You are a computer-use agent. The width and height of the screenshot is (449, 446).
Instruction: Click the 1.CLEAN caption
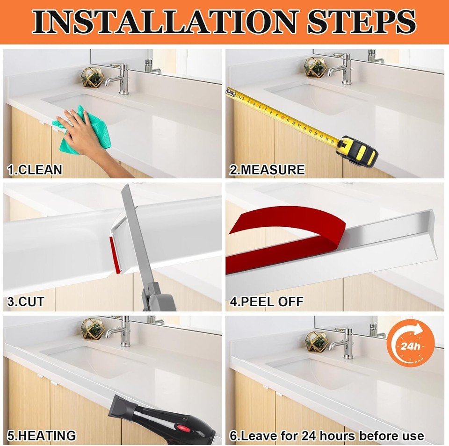click(35, 170)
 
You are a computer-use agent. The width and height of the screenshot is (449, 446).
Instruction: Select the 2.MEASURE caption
click(267, 170)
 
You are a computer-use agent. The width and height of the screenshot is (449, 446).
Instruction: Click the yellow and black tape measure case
click(357, 150)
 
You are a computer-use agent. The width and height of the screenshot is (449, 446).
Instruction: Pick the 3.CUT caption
click(26, 302)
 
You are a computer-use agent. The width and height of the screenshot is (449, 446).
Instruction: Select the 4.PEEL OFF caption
click(267, 302)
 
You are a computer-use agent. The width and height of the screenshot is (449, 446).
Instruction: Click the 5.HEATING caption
click(42, 436)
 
